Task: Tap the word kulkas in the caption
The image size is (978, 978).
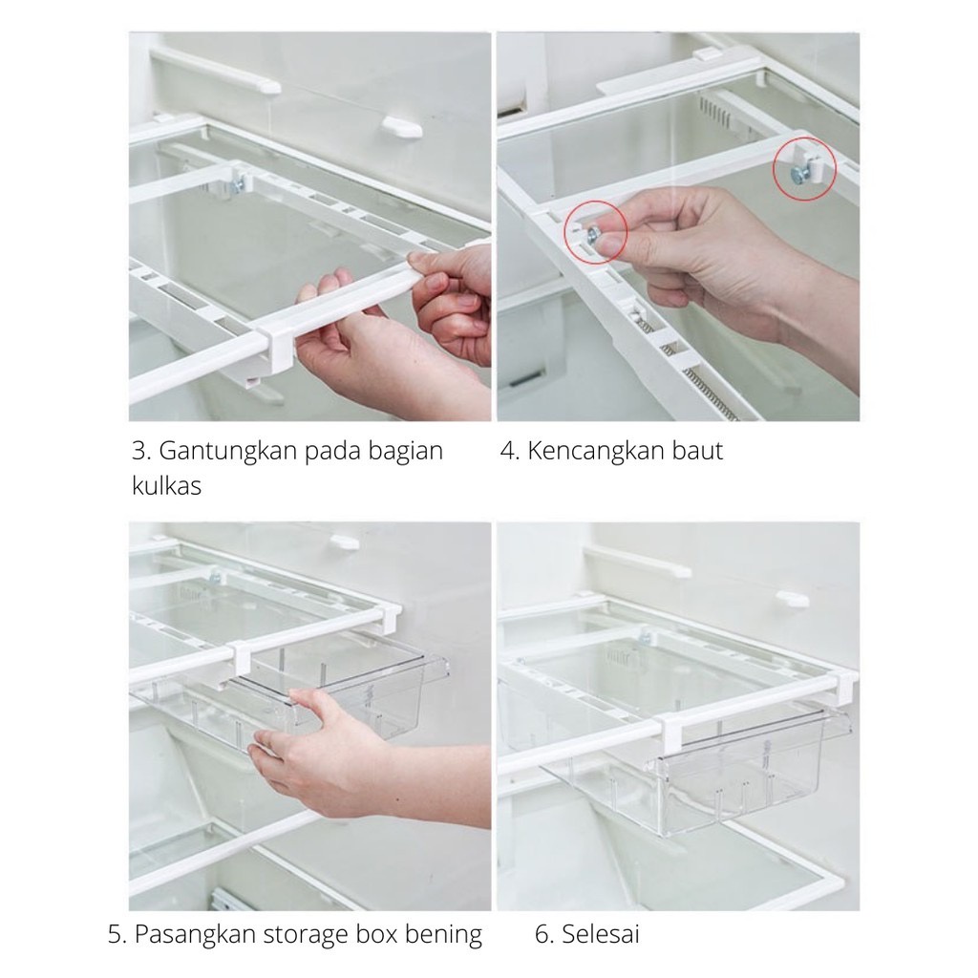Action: point(166,485)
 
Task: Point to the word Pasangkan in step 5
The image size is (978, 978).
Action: point(195,934)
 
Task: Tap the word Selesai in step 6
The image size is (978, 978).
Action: point(601,934)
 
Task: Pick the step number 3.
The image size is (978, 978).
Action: point(140,451)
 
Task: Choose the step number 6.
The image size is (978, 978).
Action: point(543,934)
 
